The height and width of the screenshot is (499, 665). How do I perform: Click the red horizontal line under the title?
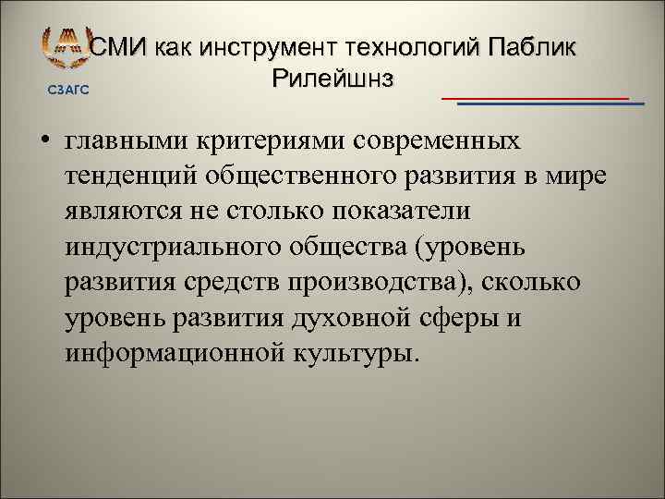click(535, 96)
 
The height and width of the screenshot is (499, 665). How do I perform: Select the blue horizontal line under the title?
click(550, 103)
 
